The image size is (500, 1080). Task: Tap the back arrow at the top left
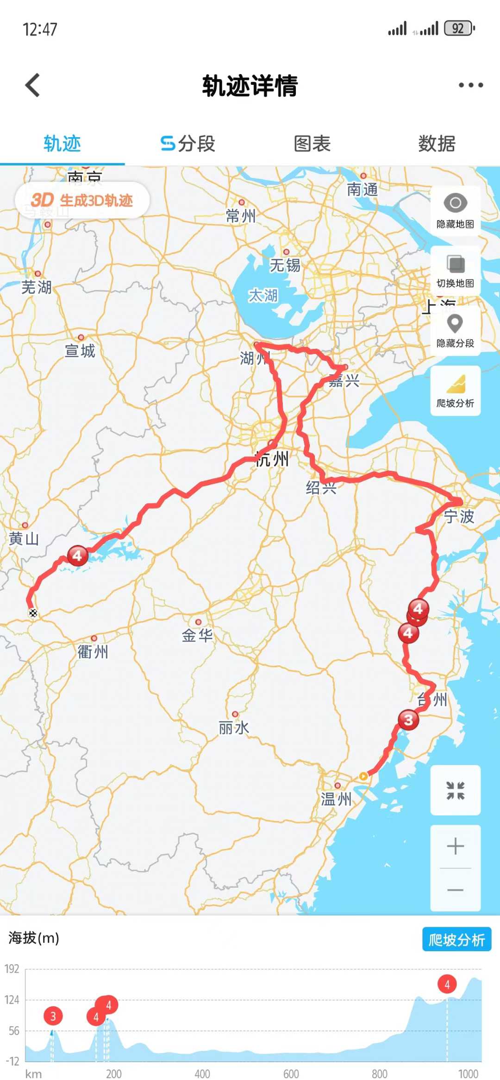tap(32, 85)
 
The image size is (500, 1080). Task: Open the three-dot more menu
tap(470, 85)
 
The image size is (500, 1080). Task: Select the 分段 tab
tap(187, 144)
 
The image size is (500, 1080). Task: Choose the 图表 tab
tap(312, 144)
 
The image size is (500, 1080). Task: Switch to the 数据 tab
tap(437, 144)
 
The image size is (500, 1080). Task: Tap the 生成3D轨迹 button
tap(82, 200)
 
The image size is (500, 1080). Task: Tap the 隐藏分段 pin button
tap(455, 330)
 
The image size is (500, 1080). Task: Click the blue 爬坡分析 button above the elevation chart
tap(456, 940)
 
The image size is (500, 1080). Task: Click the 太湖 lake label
tap(263, 295)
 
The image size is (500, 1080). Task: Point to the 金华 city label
tap(197, 635)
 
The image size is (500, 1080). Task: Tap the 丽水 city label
tap(234, 728)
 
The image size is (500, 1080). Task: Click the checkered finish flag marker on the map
tap(33, 613)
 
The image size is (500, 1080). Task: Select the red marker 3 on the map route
tap(408, 720)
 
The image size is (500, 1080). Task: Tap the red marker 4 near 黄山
tap(77, 555)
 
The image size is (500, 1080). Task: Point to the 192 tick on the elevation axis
tap(12, 969)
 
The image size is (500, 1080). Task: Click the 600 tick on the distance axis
tap(291, 1074)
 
